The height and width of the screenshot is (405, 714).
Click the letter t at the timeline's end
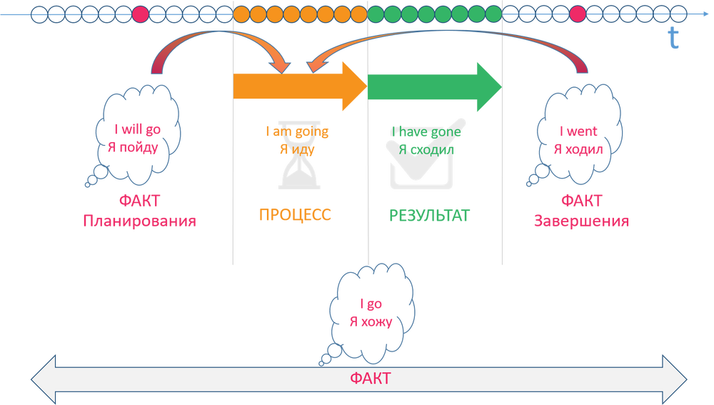673,40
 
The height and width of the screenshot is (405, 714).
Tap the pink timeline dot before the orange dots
141,14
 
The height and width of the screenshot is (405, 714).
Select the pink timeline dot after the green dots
577,14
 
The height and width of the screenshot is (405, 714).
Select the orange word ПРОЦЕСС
296,215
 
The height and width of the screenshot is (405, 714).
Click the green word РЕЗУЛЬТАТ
430,215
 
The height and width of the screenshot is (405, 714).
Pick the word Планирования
140,221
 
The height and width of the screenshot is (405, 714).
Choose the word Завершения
581,221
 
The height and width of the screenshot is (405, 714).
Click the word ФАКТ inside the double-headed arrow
371,379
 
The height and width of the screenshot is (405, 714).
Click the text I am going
298,132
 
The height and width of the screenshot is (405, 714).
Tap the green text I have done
426,132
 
